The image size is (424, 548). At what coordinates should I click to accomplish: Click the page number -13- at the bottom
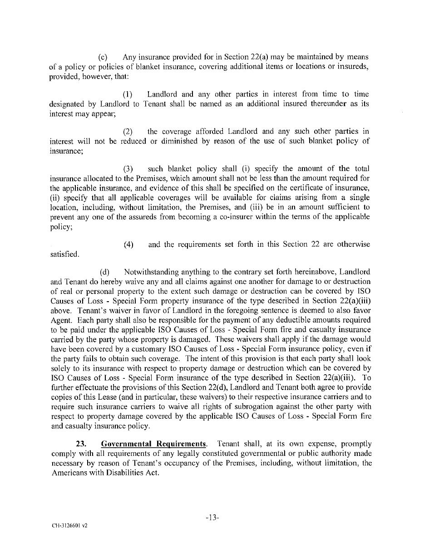pos(212,518)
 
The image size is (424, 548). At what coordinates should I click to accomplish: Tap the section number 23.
pos(81,444)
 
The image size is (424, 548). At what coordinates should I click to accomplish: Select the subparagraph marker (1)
pos(128,94)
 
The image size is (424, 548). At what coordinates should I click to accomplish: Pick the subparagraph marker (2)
pos(128,132)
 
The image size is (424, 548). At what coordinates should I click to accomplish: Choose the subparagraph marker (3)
pos(128,169)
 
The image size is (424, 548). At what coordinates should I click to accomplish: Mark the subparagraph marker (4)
pos(128,245)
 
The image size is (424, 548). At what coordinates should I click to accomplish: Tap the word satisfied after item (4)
pos(64,254)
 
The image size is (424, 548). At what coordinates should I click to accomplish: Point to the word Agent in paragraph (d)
pos(61,320)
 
